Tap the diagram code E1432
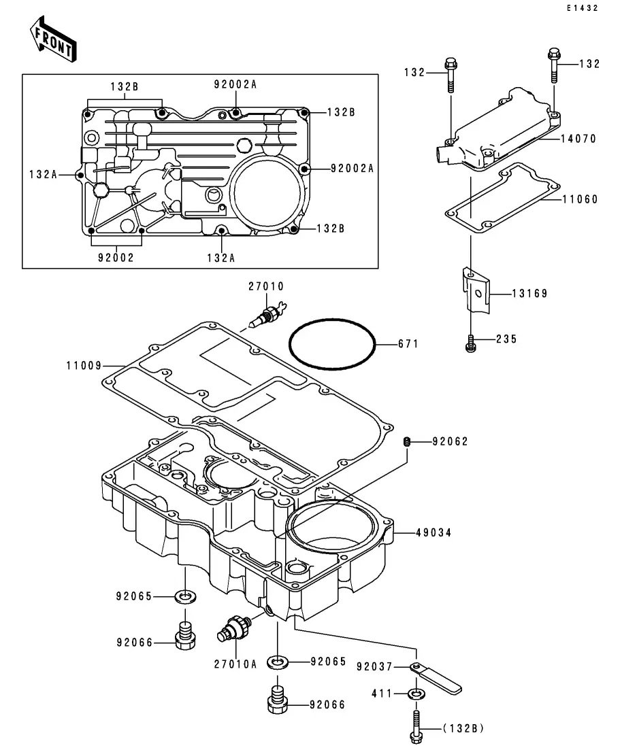pyautogui.click(x=583, y=8)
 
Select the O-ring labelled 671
pyautogui.click(x=332, y=344)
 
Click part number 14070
pyautogui.click(x=578, y=139)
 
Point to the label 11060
pyautogui.click(x=580, y=199)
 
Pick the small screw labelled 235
pyautogui.click(x=471, y=343)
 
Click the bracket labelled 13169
pyautogui.click(x=476, y=290)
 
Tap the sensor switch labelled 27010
pyautogui.click(x=268, y=313)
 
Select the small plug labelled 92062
pyautogui.click(x=407, y=441)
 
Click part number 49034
pyautogui.click(x=433, y=532)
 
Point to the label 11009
pyautogui.click(x=84, y=365)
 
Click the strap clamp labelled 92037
pyautogui.click(x=436, y=678)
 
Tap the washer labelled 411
pyautogui.click(x=416, y=693)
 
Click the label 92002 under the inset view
pyautogui.click(x=116, y=257)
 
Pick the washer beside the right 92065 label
pyautogui.click(x=278, y=662)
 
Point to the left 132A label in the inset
pyautogui.click(x=43, y=175)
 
